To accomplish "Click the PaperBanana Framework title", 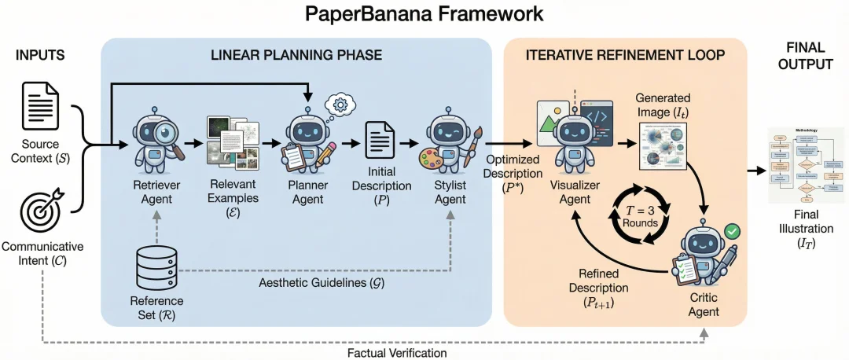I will tap(424, 15).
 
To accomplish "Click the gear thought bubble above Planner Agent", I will tap(342, 104).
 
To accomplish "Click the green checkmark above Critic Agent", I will tap(731, 231).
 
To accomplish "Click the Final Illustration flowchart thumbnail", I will tap(806, 164).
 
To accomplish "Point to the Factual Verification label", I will tap(397, 353).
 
